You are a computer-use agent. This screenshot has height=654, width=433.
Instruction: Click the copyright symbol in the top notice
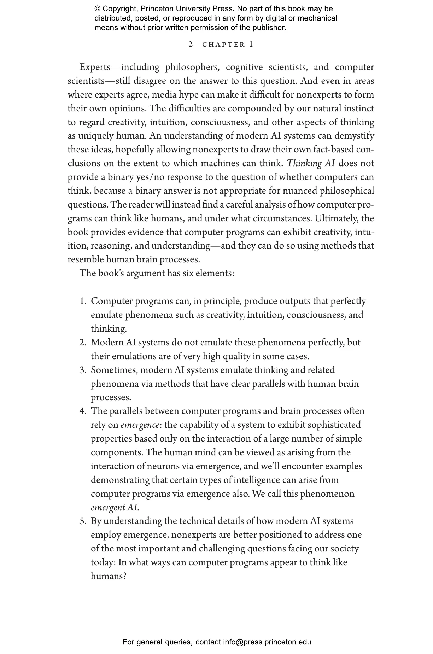tap(98, 9)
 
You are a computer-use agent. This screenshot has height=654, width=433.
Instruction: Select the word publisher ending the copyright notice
tap(269, 28)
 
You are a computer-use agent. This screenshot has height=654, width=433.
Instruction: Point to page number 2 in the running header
tap(191, 45)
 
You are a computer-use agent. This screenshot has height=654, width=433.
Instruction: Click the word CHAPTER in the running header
tap(223, 45)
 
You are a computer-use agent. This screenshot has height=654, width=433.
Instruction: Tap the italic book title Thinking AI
tap(311, 164)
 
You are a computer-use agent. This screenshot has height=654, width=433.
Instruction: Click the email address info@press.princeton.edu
tap(267, 642)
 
